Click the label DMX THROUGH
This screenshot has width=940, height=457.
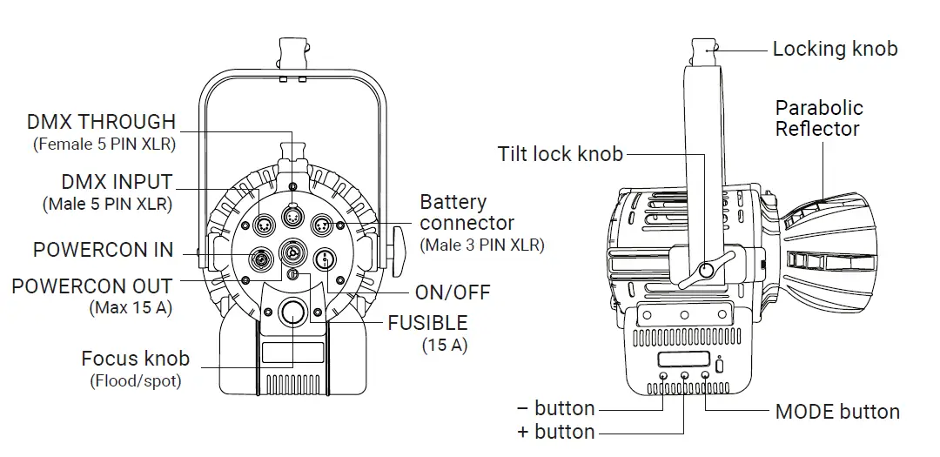[x=101, y=122]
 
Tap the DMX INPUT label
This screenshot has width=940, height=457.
[x=117, y=183]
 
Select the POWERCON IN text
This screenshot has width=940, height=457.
[x=103, y=250]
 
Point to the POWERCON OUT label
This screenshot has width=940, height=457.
[x=91, y=286]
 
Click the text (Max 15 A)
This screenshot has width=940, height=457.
[x=131, y=307]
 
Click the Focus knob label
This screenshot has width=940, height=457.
[x=135, y=359]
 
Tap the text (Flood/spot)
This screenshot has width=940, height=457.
[x=135, y=380]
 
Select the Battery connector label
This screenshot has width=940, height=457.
[x=467, y=212]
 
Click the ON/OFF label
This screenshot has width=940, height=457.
[x=453, y=292]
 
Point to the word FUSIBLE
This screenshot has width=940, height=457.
[x=427, y=323]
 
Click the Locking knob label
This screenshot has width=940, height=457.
[x=834, y=49]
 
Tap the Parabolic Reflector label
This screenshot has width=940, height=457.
[x=818, y=118]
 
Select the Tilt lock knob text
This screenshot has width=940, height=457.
[x=560, y=155]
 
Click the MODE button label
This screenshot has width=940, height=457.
[x=836, y=412]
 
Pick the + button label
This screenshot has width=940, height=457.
[x=556, y=432]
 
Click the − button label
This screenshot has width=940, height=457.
[x=556, y=408]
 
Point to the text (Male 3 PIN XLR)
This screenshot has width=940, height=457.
[x=481, y=245]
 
